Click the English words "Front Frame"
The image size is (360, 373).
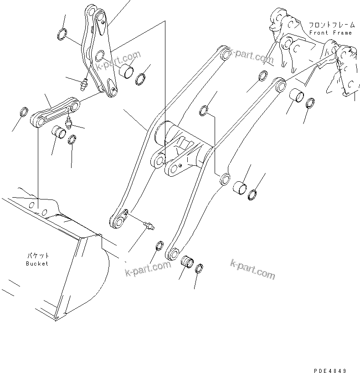330,33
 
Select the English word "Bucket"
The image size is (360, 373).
37,263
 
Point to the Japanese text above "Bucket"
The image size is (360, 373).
37,256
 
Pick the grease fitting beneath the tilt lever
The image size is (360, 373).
83,84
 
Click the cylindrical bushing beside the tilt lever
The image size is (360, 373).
126,71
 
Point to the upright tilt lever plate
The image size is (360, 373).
99,50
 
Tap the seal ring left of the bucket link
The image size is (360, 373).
23,112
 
